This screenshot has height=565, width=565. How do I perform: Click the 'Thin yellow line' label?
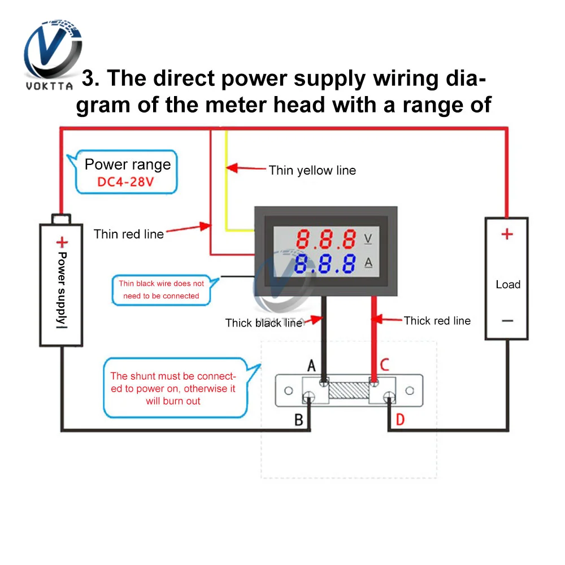point(312,170)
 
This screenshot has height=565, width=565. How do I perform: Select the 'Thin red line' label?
point(129,234)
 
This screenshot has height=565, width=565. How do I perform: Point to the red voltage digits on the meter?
point(327,239)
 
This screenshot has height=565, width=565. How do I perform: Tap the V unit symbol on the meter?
point(368,238)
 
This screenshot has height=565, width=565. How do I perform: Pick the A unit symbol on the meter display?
point(368,263)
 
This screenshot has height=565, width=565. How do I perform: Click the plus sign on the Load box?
point(507,234)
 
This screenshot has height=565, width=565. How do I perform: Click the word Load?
point(507,284)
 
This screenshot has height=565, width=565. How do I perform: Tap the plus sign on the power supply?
point(61,243)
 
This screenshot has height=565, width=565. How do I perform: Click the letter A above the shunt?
point(311,366)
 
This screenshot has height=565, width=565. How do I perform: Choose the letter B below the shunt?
point(299,420)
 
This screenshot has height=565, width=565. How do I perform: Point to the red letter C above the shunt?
point(384,364)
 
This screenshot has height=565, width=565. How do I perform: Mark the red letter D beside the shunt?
point(400,420)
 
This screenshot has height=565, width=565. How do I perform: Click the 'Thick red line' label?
point(437,320)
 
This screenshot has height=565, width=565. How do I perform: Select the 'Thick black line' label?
point(263,323)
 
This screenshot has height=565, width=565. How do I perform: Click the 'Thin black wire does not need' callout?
point(162,289)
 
